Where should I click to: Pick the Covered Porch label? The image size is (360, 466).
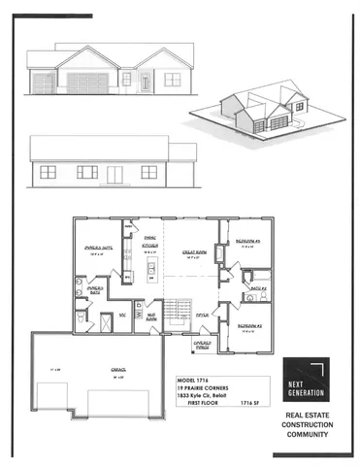click(206, 343)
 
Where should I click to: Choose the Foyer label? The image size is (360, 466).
click(203, 315)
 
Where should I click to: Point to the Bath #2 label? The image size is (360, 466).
click(256, 288)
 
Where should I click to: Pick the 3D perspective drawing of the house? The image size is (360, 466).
click(270, 106)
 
